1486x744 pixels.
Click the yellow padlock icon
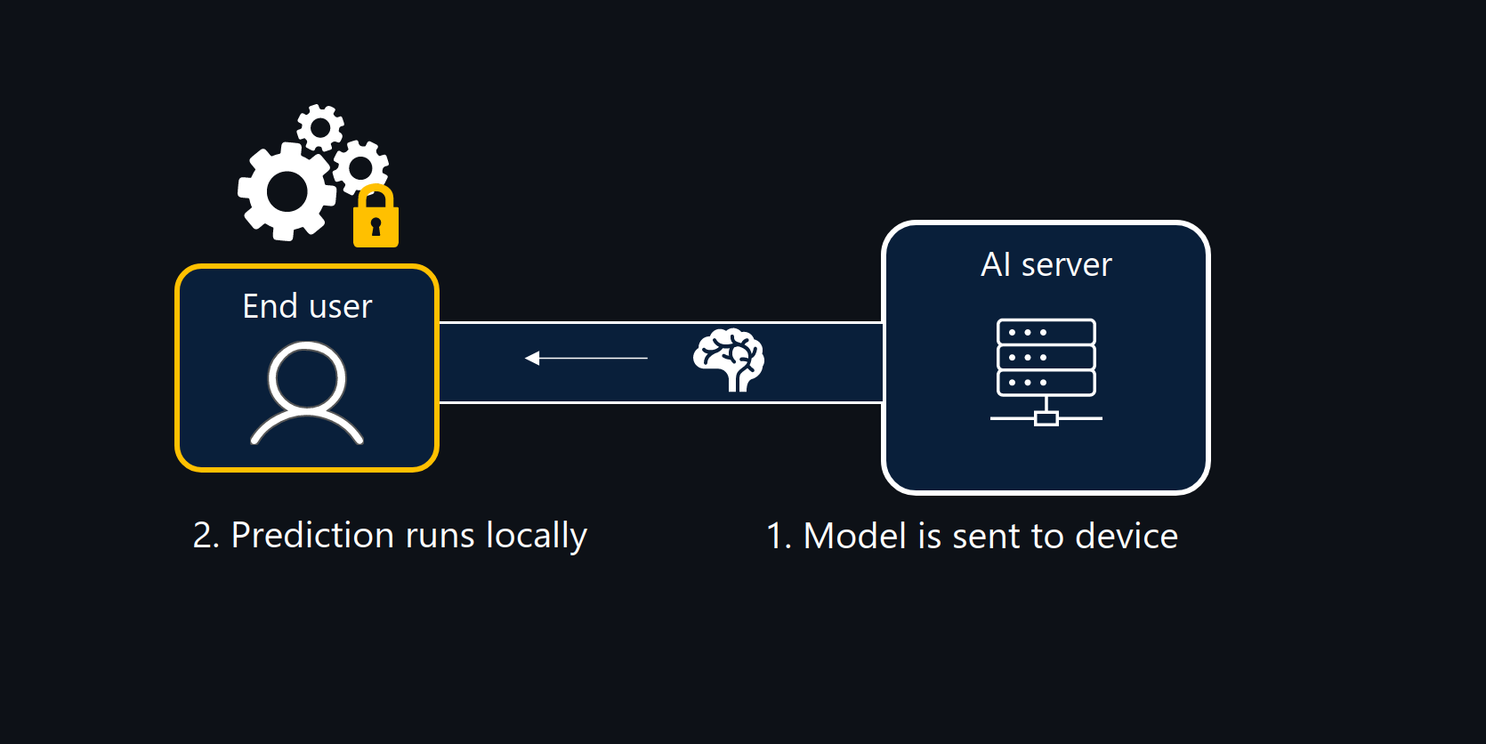[376, 220]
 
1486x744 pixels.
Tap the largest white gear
[287, 191]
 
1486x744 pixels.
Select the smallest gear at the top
[320, 127]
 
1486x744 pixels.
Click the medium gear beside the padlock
[360, 166]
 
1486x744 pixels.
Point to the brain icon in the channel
[729, 359]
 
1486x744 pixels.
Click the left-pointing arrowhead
[532, 358]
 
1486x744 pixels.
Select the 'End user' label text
[307, 306]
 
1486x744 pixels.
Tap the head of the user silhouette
[307, 377]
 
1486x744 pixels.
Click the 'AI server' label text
[1046, 264]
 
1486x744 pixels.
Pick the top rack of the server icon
[1046, 332]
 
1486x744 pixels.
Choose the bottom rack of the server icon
[1046, 383]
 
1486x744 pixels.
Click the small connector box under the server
[1046, 418]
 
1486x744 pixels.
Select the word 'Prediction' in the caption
[312, 536]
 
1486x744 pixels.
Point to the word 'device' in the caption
[1126, 536]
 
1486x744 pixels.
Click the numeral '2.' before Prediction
[206, 536]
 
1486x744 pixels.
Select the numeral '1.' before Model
[778, 536]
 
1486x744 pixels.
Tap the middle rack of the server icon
[1046, 358]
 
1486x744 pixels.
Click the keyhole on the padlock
[376, 226]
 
